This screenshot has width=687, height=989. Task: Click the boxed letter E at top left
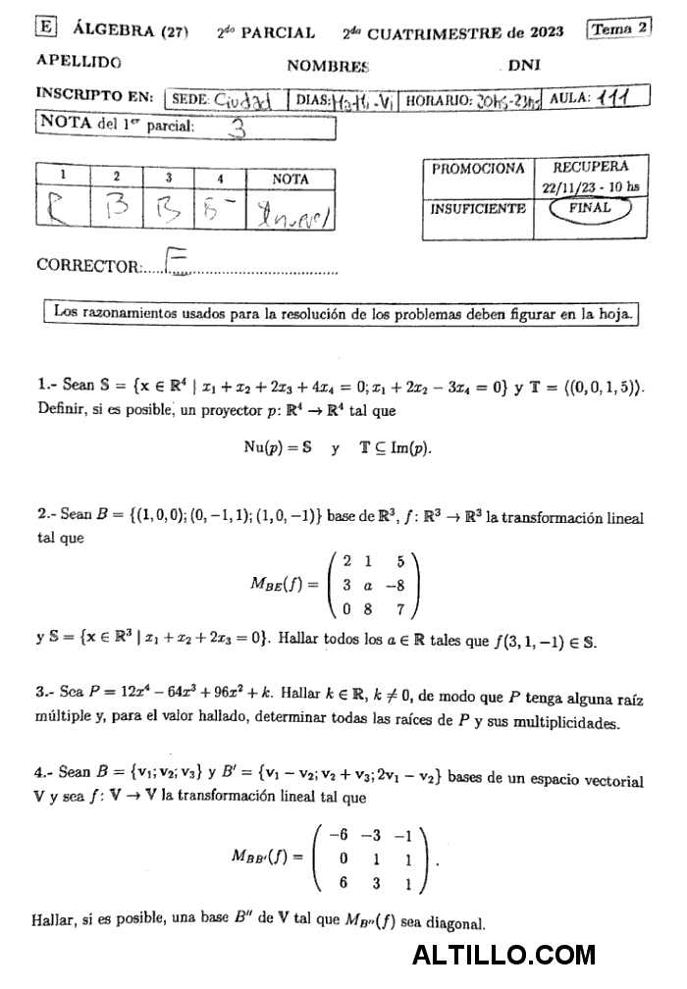(45, 28)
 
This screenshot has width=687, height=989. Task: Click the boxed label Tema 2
(618, 28)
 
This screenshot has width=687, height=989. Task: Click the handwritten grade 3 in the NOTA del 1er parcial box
(237, 127)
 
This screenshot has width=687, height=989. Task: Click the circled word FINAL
(589, 208)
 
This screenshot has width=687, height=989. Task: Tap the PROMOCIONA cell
(478, 169)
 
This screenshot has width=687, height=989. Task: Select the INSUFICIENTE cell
(478, 209)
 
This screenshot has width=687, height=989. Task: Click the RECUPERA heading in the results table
(590, 167)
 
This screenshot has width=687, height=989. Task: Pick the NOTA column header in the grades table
(290, 179)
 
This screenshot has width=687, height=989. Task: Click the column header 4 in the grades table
(220, 179)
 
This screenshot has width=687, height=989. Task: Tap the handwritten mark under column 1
(60, 212)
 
